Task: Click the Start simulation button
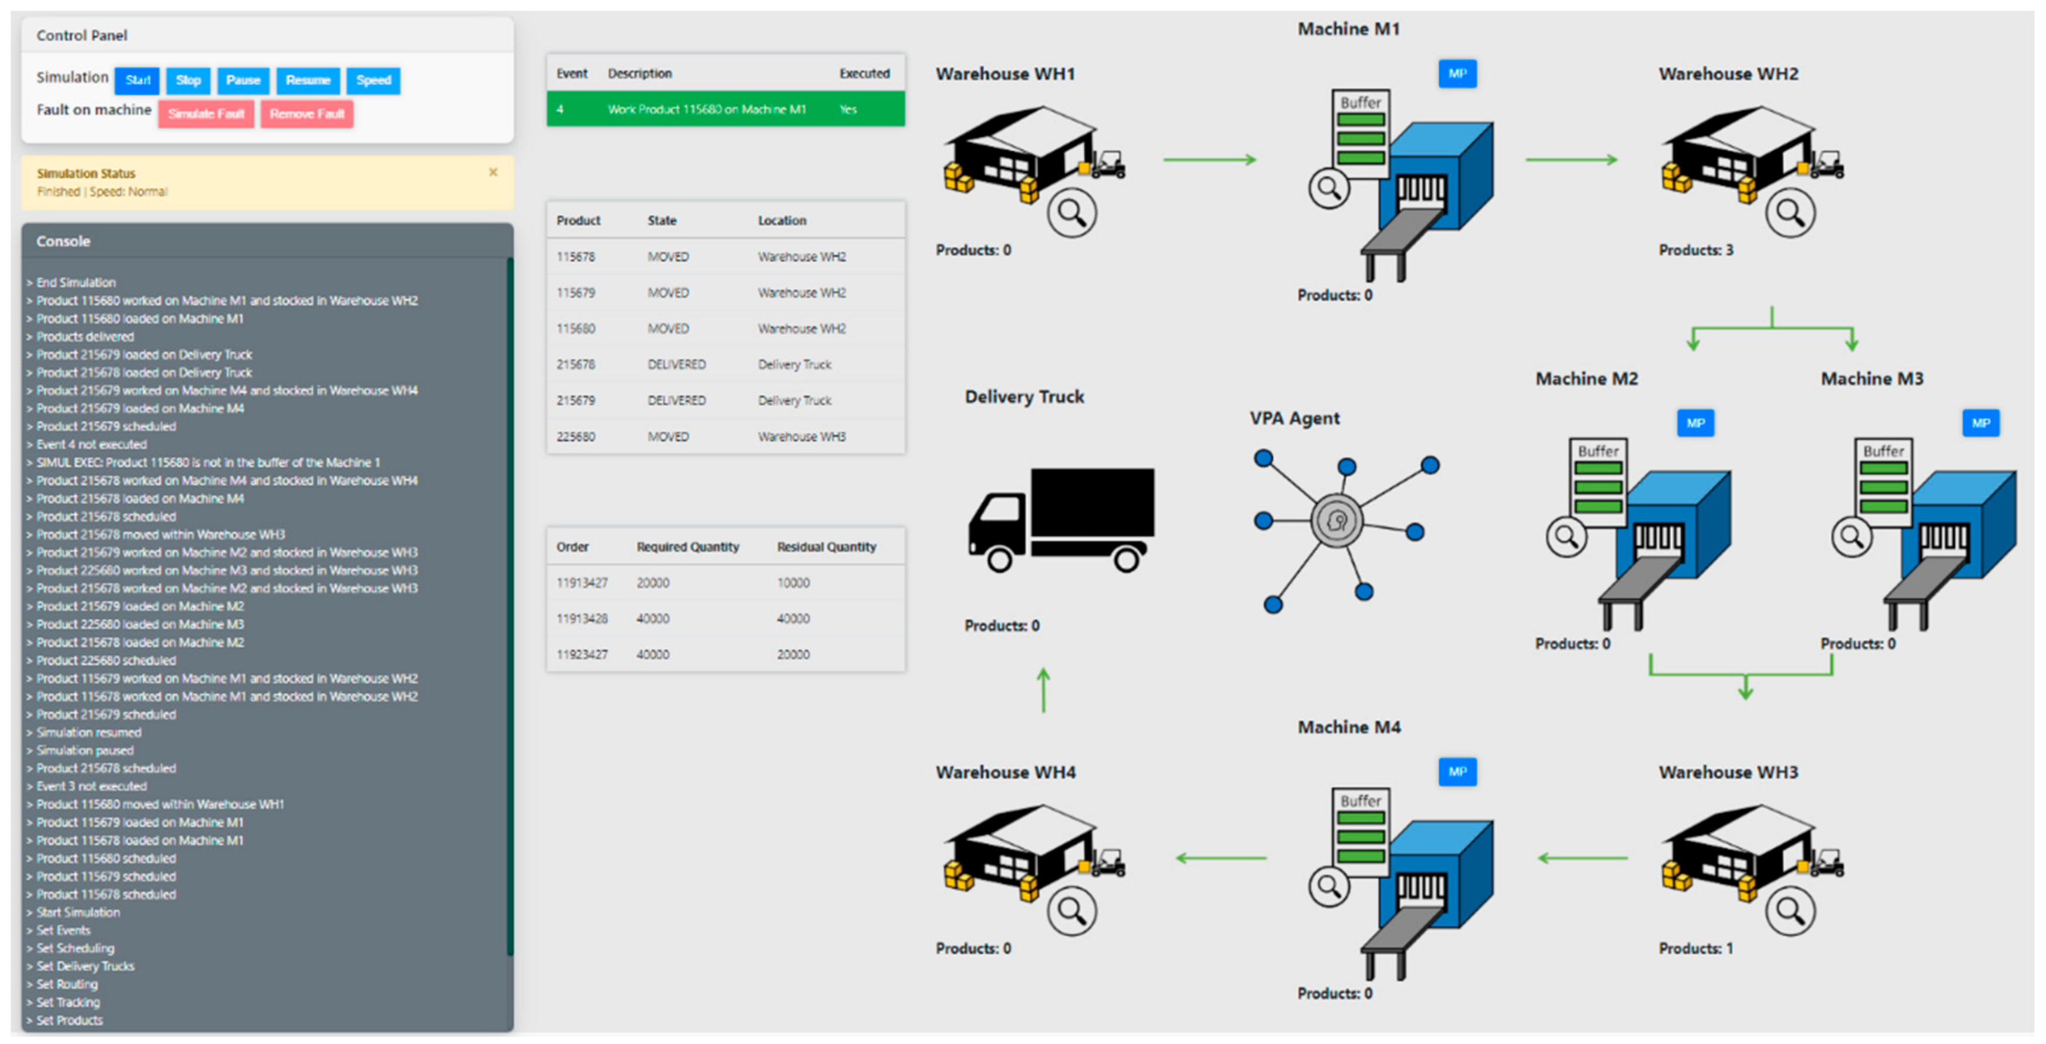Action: pyautogui.click(x=137, y=80)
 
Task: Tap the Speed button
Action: pyautogui.click(x=373, y=80)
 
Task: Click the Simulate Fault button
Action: pyautogui.click(x=206, y=113)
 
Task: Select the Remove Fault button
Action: pyautogui.click(x=307, y=113)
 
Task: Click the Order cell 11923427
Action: pyautogui.click(x=582, y=654)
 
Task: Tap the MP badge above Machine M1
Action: pyautogui.click(x=1457, y=74)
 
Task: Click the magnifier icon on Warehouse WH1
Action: pyautogui.click(x=1071, y=213)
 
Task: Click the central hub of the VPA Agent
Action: pyautogui.click(x=1337, y=521)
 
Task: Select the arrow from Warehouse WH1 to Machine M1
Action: pyautogui.click(x=1209, y=160)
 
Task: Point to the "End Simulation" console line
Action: pyautogui.click(x=76, y=283)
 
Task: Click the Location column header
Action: pyautogui.click(x=781, y=221)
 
